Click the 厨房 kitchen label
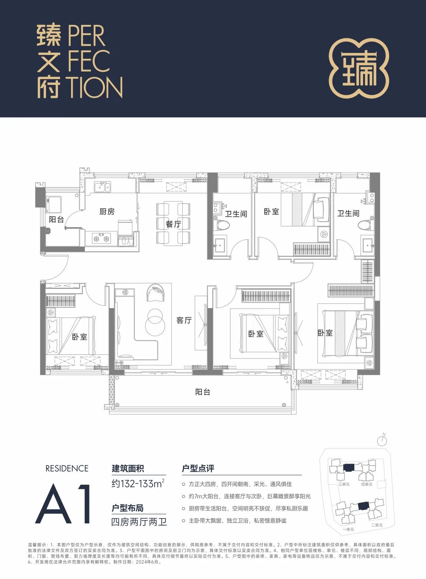click(106, 211)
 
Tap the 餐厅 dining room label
click(173, 224)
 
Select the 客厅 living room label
click(184, 320)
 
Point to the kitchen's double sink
click(102, 187)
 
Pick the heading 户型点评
click(198, 468)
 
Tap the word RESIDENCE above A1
click(67, 468)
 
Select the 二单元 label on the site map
click(377, 525)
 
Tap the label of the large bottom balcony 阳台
click(203, 392)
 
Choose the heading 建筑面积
click(128, 468)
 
